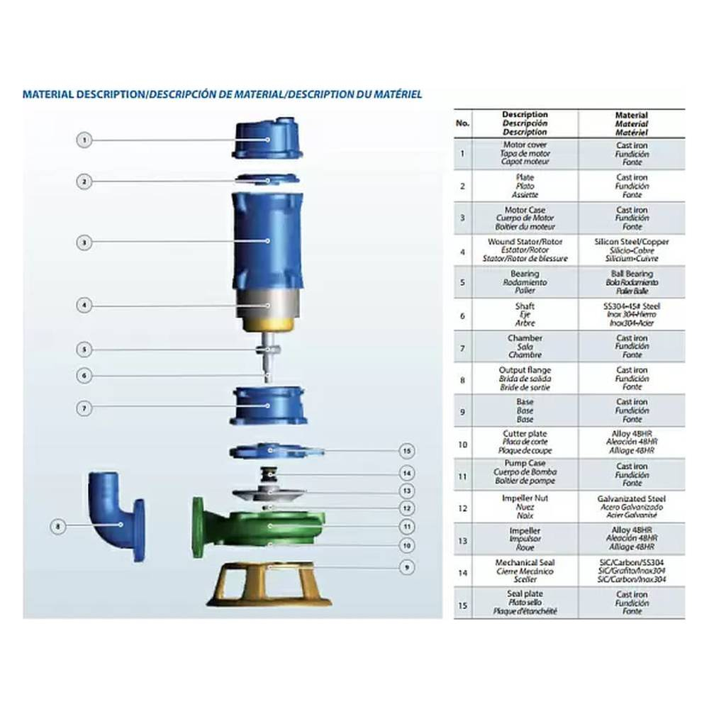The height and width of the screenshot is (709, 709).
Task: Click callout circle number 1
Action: click(84, 140)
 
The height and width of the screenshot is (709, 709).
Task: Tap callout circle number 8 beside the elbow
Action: click(59, 526)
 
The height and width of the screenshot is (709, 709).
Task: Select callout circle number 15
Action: click(406, 451)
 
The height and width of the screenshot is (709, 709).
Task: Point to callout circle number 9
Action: click(406, 567)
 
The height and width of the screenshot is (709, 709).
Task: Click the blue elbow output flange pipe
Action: click(116, 514)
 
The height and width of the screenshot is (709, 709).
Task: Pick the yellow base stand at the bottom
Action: click(269, 584)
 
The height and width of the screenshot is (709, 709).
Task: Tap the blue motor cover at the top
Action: click(268, 139)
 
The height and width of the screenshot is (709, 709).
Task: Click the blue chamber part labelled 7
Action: click(269, 406)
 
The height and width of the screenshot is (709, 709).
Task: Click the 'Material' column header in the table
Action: click(631, 123)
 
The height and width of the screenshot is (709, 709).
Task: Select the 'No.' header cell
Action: click(463, 123)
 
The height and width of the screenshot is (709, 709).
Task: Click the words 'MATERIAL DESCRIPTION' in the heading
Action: click(82, 94)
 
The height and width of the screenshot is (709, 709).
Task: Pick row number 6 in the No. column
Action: click(463, 315)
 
